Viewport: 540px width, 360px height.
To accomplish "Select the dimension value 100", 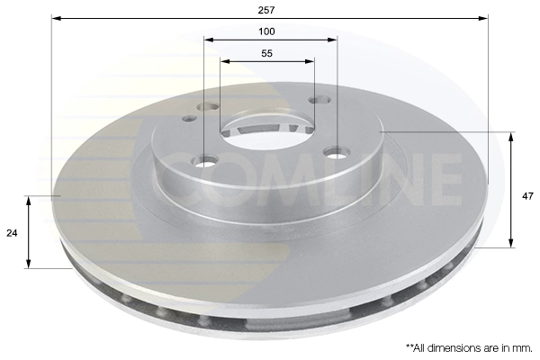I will (268, 31).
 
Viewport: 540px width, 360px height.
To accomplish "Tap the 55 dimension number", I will (267, 54).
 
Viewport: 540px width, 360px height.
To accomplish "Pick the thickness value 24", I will (13, 233).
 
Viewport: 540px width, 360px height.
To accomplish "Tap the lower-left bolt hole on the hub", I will (206, 162).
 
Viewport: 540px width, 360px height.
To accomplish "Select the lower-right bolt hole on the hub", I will (337, 153).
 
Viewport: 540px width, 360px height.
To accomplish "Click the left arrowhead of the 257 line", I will (55, 17).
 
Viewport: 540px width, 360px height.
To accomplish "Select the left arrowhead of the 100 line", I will (208, 40).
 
